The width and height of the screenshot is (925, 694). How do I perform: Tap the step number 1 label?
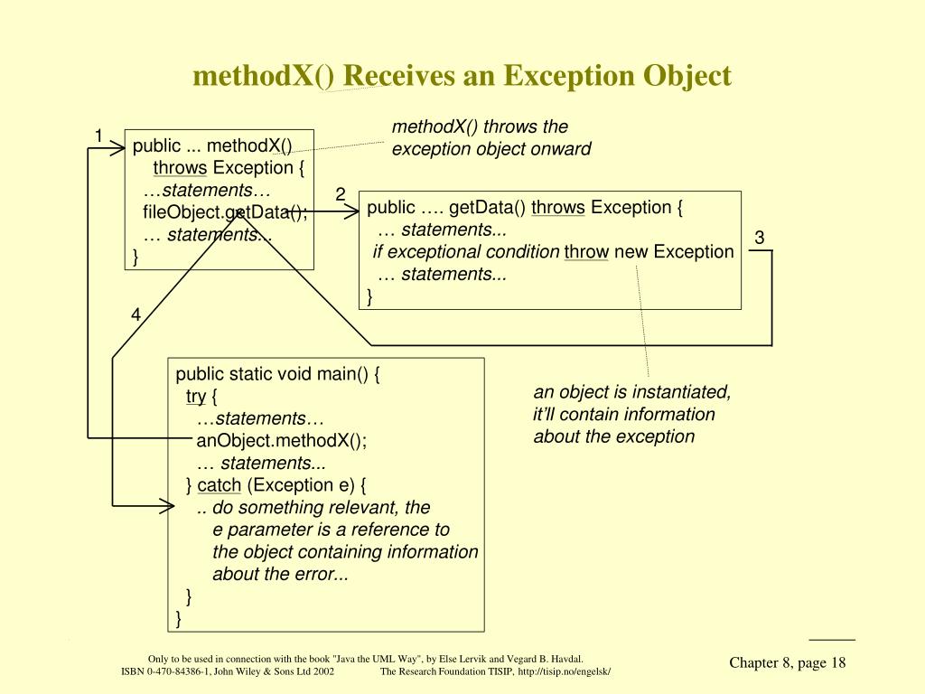[x=99, y=136]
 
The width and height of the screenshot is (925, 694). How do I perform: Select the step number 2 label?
[x=341, y=194]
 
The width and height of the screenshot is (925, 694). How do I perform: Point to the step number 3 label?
[x=760, y=238]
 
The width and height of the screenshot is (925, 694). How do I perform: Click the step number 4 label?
[x=135, y=315]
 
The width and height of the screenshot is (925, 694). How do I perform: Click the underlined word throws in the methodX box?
[x=180, y=168]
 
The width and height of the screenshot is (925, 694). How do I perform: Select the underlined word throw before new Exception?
[x=586, y=252]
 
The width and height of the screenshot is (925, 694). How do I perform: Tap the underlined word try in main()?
[x=196, y=397]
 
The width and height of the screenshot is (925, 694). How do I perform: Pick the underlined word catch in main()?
[x=220, y=485]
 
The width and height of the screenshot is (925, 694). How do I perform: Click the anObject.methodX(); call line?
[x=282, y=441]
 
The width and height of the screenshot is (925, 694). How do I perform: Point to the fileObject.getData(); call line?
[x=225, y=212]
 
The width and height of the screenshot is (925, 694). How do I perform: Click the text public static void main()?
[x=277, y=374]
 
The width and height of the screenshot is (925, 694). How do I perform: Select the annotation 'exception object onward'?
[x=491, y=149]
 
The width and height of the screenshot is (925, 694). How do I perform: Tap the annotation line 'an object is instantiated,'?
[x=632, y=392]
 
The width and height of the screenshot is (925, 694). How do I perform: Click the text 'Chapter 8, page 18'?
[x=788, y=663]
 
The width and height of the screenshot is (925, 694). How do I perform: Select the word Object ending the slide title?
[x=687, y=76]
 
